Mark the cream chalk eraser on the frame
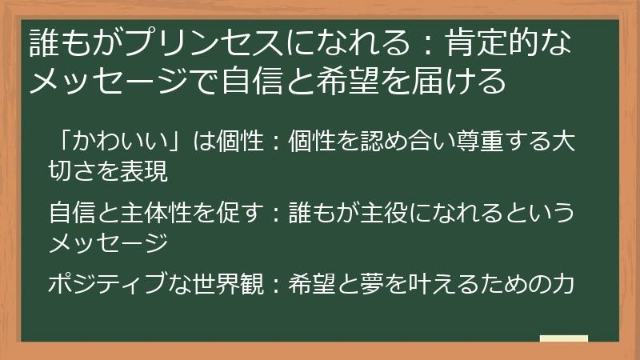click(x=563, y=340)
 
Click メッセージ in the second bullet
click(x=108, y=242)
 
